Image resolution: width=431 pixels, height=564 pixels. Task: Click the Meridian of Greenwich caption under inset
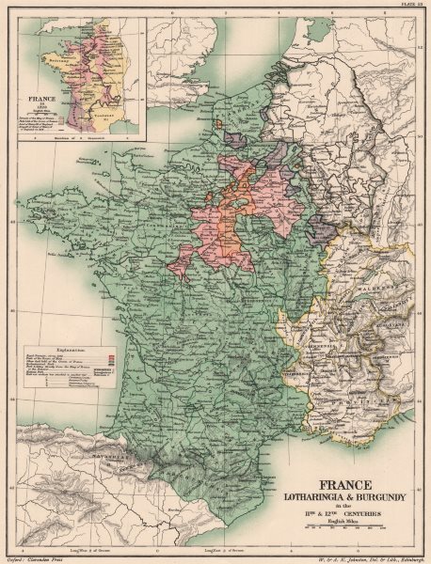pyautogui.click(x=94, y=140)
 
